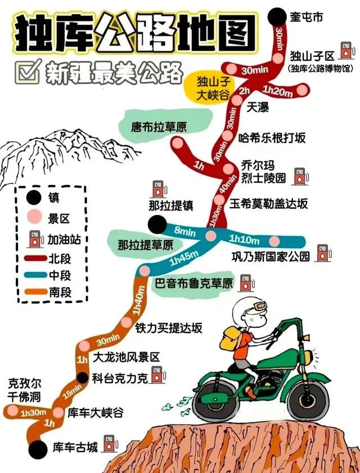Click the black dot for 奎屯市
277,17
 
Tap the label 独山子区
312,56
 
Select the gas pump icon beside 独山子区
346,51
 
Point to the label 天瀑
258,107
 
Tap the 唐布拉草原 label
159,127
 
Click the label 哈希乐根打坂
272,138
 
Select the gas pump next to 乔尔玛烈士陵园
300,176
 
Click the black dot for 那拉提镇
157,225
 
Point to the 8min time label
184,232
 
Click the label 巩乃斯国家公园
271,256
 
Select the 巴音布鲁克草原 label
194,283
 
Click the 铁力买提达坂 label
168,328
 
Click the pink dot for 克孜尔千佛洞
12,410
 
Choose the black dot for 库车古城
38,449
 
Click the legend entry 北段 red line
35,259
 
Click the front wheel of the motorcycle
308,400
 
